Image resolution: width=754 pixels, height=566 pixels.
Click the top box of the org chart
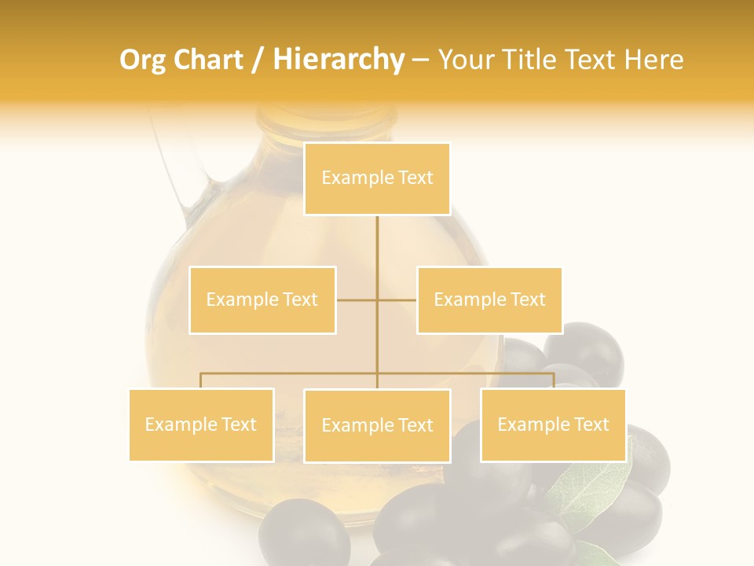377,178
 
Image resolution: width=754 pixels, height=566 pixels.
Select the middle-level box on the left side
262,300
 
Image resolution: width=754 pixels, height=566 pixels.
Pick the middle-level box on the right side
489,300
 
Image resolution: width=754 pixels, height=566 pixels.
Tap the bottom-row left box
201,424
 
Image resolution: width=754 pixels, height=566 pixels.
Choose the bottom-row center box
377,425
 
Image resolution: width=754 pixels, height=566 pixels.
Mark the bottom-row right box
553,424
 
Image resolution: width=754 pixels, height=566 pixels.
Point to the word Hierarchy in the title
338,60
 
